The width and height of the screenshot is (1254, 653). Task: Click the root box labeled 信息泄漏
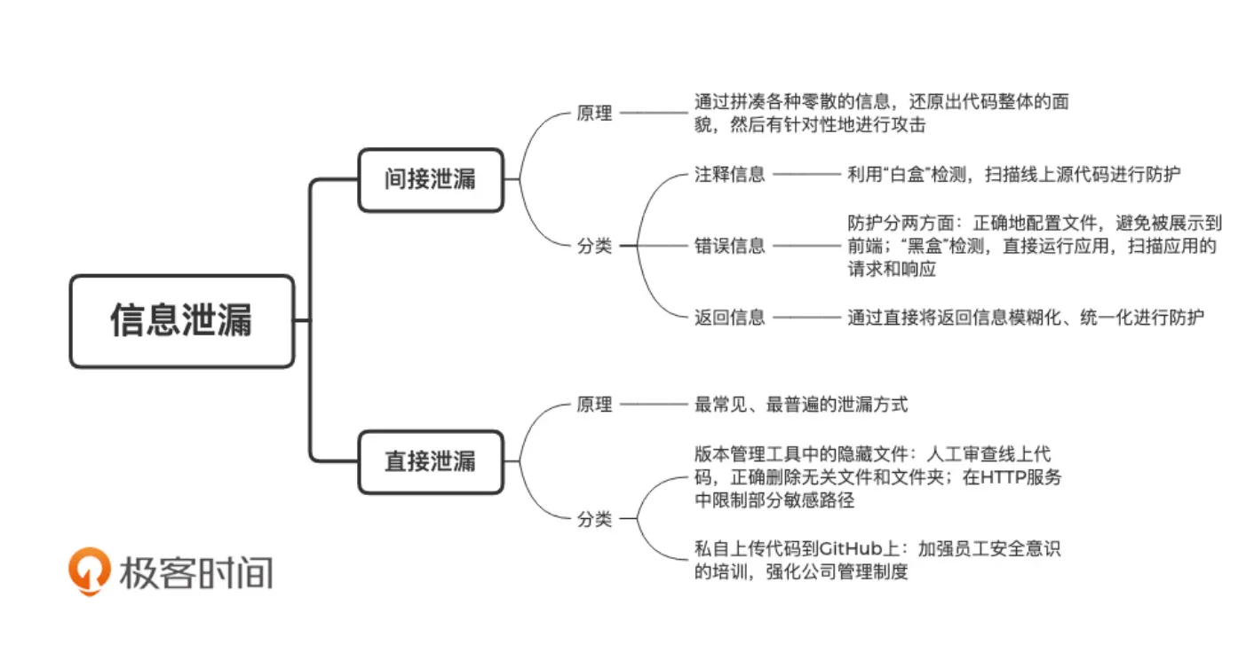pyautogui.click(x=181, y=321)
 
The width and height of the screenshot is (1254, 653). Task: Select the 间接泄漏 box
pyautogui.click(x=430, y=180)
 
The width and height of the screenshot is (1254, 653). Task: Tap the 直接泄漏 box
pyautogui.click(x=430, y=462)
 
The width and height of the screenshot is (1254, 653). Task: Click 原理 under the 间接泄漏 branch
pyautogui.click(x=594, y=114)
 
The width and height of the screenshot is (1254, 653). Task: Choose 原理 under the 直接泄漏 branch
pyautogui.click(x=594, y=405)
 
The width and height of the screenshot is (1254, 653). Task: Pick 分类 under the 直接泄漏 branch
pyautogui.click(x=594, y=520)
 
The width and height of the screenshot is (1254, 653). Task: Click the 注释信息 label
pyautogui.click(x=729, y=175)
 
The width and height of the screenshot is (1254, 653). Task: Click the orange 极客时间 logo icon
pyautogui.click(x=90, y=570)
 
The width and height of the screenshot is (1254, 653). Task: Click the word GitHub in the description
pyautogui.click(x=857, y=549)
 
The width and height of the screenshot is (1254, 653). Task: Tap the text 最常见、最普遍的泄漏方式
pyautogui.click(x=800, y=405)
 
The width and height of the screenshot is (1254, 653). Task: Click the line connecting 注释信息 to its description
pyautogui.click(x=806, y=175)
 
